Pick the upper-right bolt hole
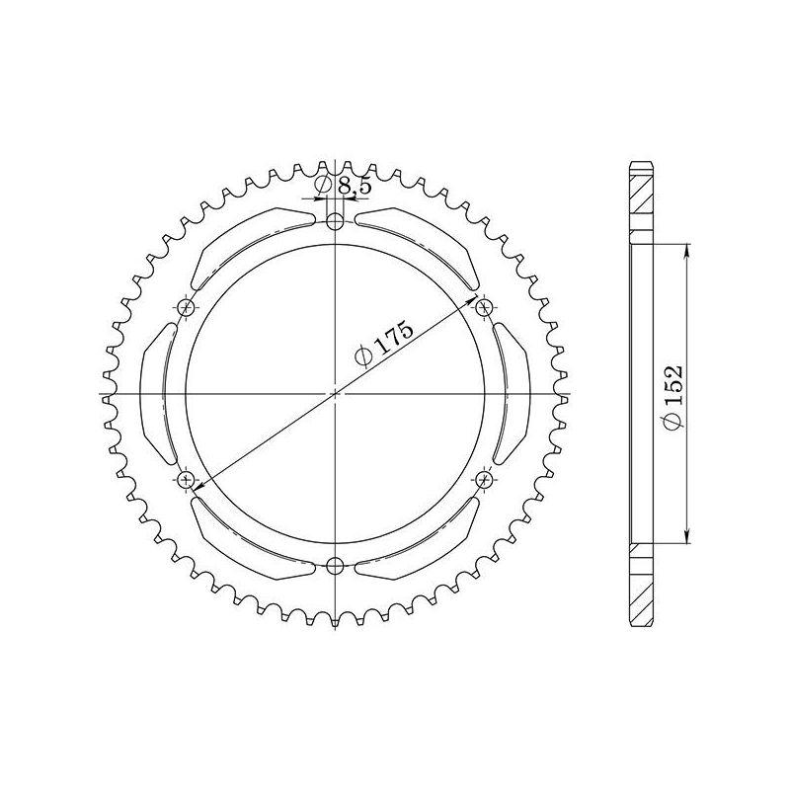[x=484, y=309]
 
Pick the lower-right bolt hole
[x=484, y=480]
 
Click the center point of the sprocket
[x=336, y=394]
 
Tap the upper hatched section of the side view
[x=641, y=202]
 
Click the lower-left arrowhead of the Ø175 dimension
[x=197, y=487]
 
